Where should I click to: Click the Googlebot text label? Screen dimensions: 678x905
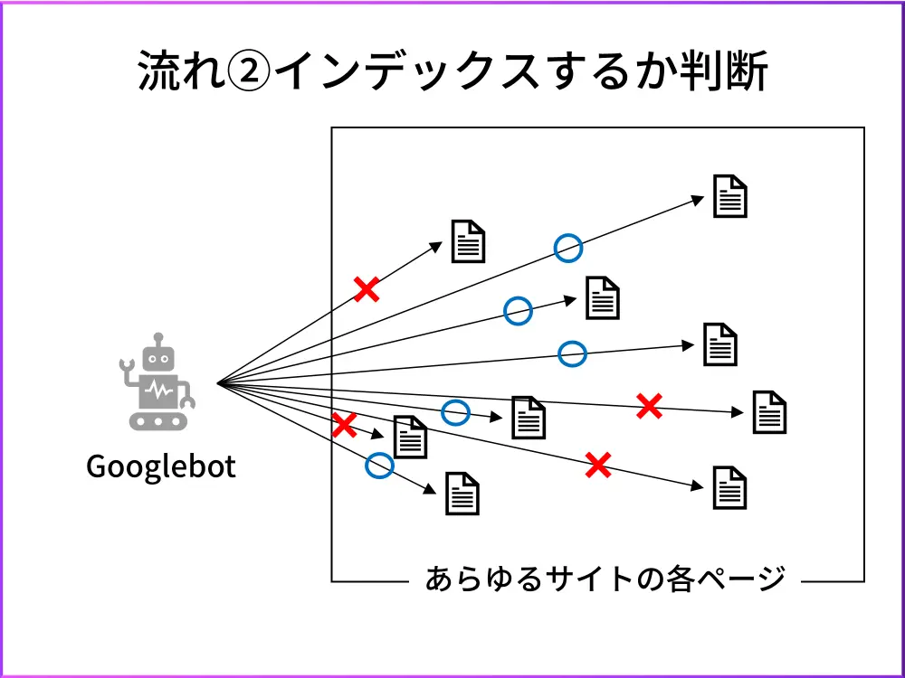pyautogui.click(x=160, y=466)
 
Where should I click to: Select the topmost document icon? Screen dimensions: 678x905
pyautogui.click(x=729, y=195)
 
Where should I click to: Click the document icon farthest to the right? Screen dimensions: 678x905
pyautogui.click(x=769, y=412)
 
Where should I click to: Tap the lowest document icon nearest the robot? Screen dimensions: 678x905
pyautogui.click(x=462, y=494)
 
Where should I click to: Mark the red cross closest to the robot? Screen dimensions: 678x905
pyautogui.click(x=344, y=425)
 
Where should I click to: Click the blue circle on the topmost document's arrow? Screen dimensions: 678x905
pyautogui.click(x=567, y=247)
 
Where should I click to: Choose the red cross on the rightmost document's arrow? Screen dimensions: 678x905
pyautogui.click(x=649, y=407)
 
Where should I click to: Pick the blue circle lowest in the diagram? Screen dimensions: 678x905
pyautogui.click(x=379, y=466)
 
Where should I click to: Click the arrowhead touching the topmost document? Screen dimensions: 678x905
pyautogui.click(x=699, y=200)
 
